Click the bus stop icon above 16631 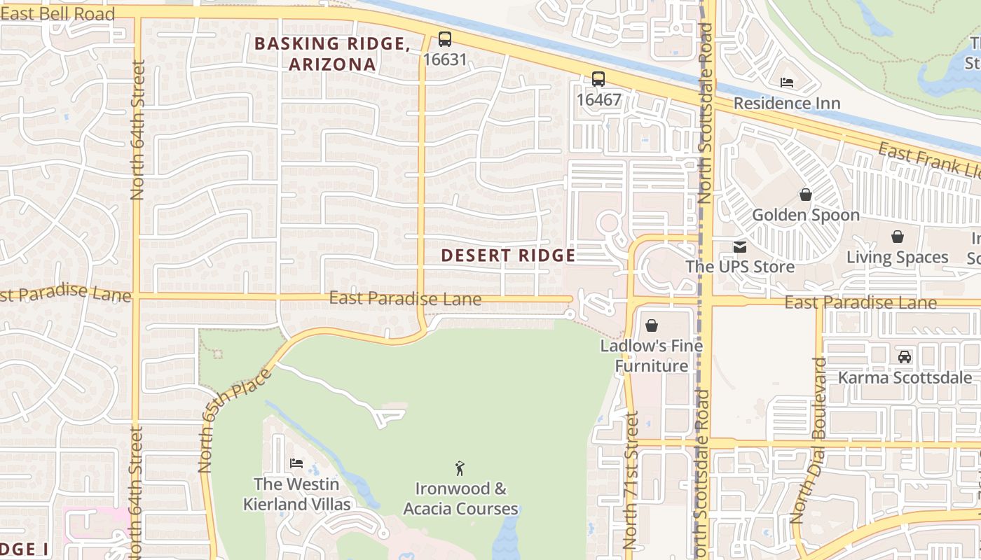click(444, 39)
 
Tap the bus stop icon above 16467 click(598, 79)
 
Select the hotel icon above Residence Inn click(787, 83)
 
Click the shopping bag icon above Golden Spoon click(805, 195)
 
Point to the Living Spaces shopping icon click(897, 237)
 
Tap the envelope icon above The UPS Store click(740, 246)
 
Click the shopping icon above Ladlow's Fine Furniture click(652, 325)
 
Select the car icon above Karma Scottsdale click(905, 357)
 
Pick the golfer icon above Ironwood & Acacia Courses click(460, 468)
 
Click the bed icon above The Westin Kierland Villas click(296, 463)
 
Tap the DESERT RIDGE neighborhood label click(508, 255)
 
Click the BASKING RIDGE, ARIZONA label click(332, 54)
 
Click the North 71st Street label click(631, 480)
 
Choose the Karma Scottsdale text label click(905, 378)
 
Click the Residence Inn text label click(787, 104)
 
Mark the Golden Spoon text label click(806, 215)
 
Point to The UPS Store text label click(740, 267)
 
